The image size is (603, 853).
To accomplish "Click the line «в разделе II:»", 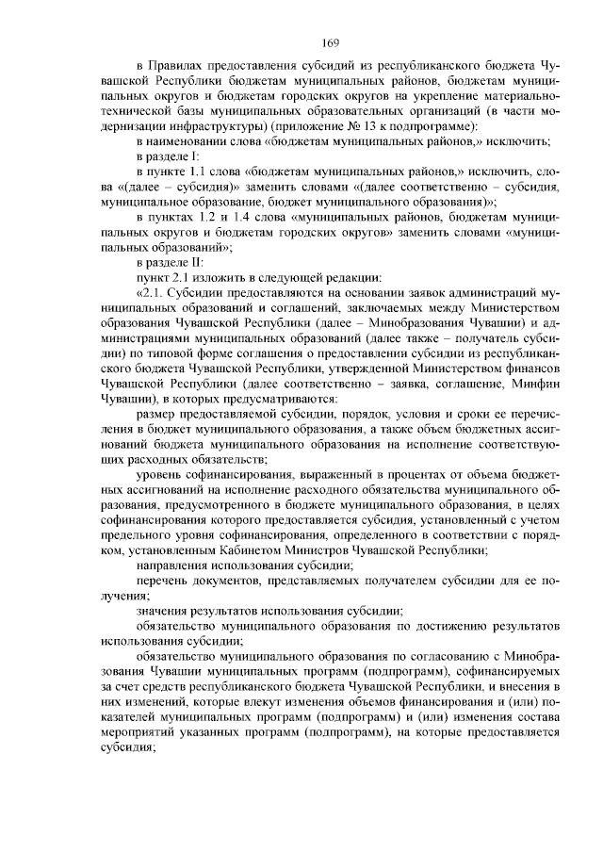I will pyautogui.click(x=169, y=262).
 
